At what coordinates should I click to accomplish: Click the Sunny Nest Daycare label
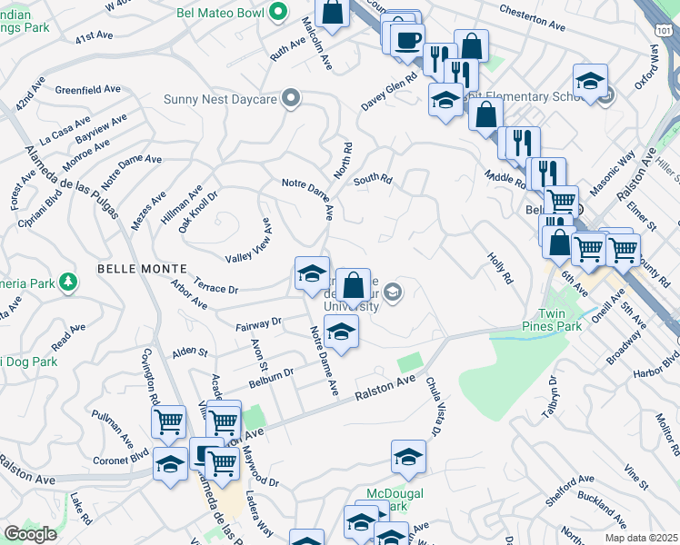point(221,99)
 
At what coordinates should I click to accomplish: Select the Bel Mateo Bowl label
point(224,14)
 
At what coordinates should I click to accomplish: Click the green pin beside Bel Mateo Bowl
point(280,13)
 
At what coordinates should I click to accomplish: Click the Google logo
point(30,534)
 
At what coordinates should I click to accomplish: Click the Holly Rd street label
point(500,267)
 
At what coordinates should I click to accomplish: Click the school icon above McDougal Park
point(408,458)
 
